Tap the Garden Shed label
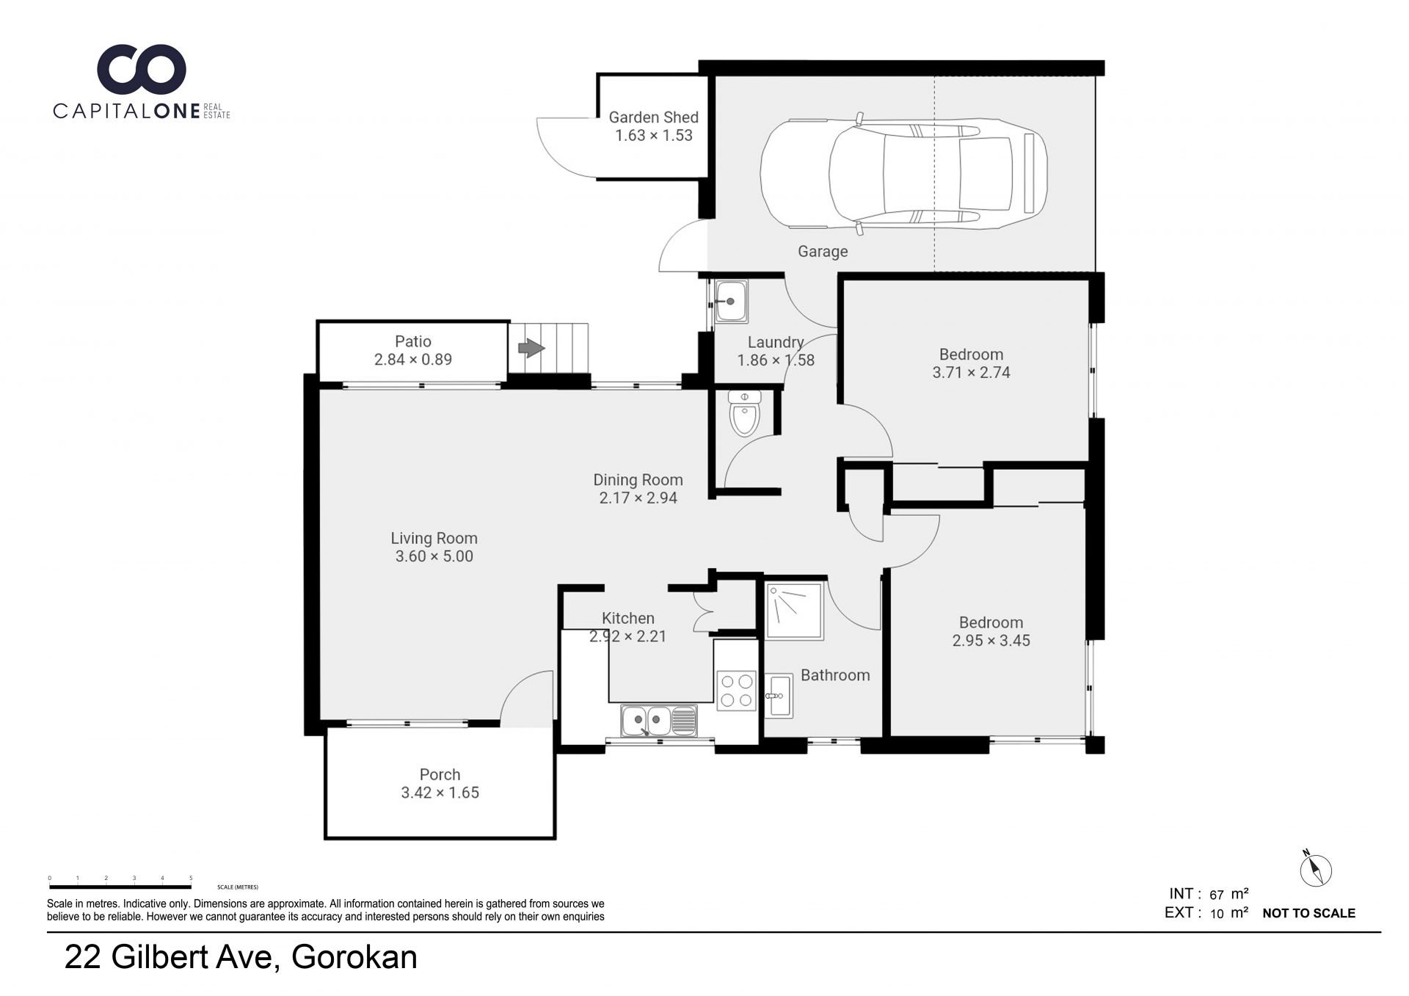coord(653,117)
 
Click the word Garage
coord(823,252)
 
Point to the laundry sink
coord(731,302)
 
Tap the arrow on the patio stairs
coord(531,347)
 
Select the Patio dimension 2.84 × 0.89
coord(413,360)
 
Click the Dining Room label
coord(638,480)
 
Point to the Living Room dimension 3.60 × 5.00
coord(434,556)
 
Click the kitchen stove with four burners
coord(736,690)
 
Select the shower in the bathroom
coord(795,611)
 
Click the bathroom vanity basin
coord(778,695)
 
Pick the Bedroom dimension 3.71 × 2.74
coord(971,373)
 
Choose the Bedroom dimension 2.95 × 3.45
coord(991,641)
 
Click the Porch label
coord(440,774)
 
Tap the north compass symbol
coord(1316,870)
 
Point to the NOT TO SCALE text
coord(1308,913)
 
